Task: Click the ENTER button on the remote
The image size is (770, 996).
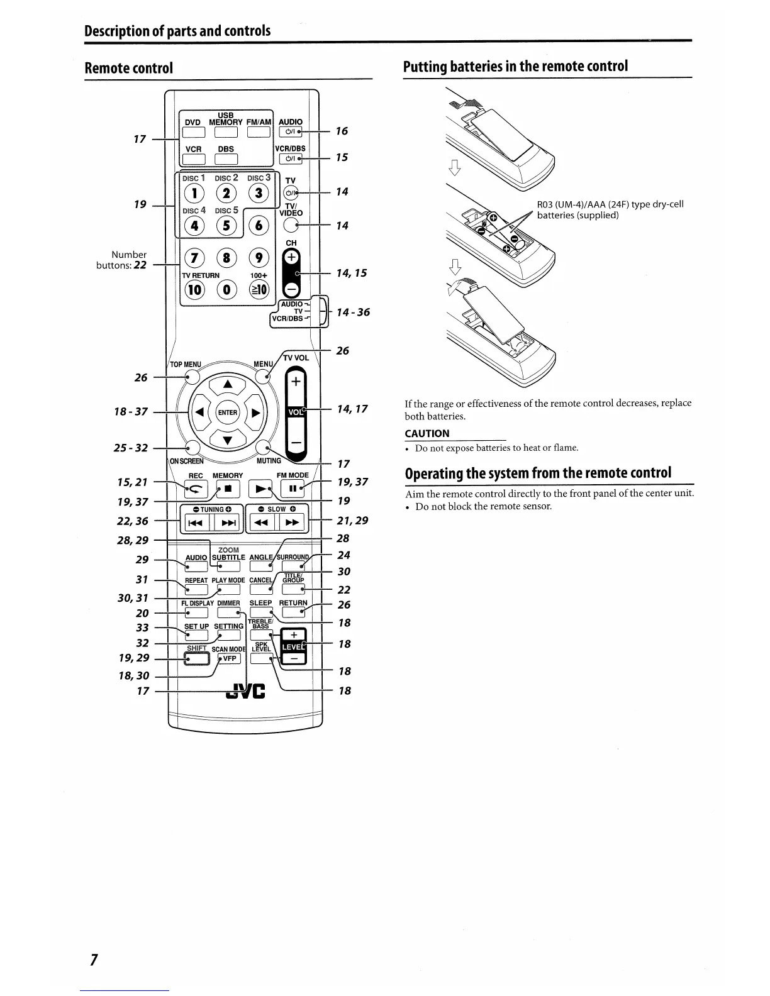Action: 228,412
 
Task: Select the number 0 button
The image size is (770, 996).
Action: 226,290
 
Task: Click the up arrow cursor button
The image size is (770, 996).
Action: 228,385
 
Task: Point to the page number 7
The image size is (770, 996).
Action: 93,960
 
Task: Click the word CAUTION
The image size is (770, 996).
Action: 427,433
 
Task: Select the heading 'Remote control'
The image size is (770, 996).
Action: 128,68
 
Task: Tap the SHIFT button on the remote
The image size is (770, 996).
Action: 196,658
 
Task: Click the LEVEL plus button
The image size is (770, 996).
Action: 294,634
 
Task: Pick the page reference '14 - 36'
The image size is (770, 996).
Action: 353,312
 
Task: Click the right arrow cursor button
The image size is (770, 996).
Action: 255,413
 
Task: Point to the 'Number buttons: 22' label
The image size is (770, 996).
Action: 122,260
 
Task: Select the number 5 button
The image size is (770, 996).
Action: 226,225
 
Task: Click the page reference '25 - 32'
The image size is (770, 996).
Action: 131,448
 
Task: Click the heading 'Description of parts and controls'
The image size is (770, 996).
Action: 178,31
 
